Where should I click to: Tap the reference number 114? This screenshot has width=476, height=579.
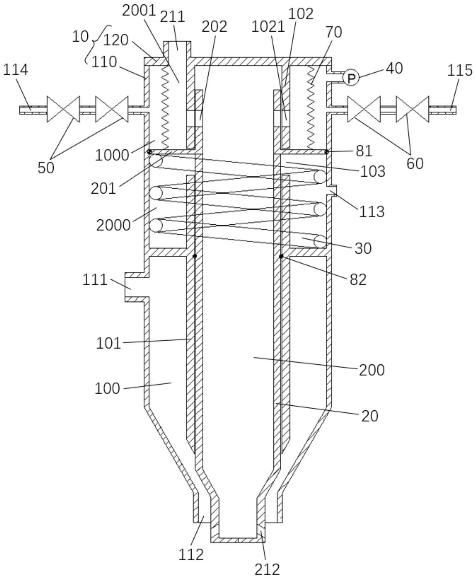click(x=15, y=70)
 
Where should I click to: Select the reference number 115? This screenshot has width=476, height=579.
click(x=460, y=71)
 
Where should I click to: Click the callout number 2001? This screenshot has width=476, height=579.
click(x=139, y=11)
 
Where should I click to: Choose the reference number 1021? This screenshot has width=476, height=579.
click(x=268, y=27)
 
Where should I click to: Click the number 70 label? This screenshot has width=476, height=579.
click(x=334, y=32)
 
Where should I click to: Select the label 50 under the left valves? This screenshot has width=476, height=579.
click(x=46, y=168)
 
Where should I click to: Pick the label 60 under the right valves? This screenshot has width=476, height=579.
click(x=415, y=164)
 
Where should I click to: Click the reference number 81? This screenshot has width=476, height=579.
click(x=364, y=151)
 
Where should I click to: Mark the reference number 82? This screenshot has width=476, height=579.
click(x=358, y=280)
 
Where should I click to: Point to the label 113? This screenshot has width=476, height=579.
click(x=372, y=212)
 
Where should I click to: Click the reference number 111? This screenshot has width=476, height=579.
click(x=95, y=280)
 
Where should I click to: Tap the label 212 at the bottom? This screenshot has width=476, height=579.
click(x=267, y=570)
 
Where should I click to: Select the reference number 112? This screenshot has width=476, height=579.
click(x=191, y=555)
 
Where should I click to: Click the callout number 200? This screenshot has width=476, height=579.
click(x=372, y=370)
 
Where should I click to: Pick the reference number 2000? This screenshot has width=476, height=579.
click(x=113, y=225)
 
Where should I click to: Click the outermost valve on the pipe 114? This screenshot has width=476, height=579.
click(x=63, y=109)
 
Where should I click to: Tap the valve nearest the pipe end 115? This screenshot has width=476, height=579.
click(x=413, y=109)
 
